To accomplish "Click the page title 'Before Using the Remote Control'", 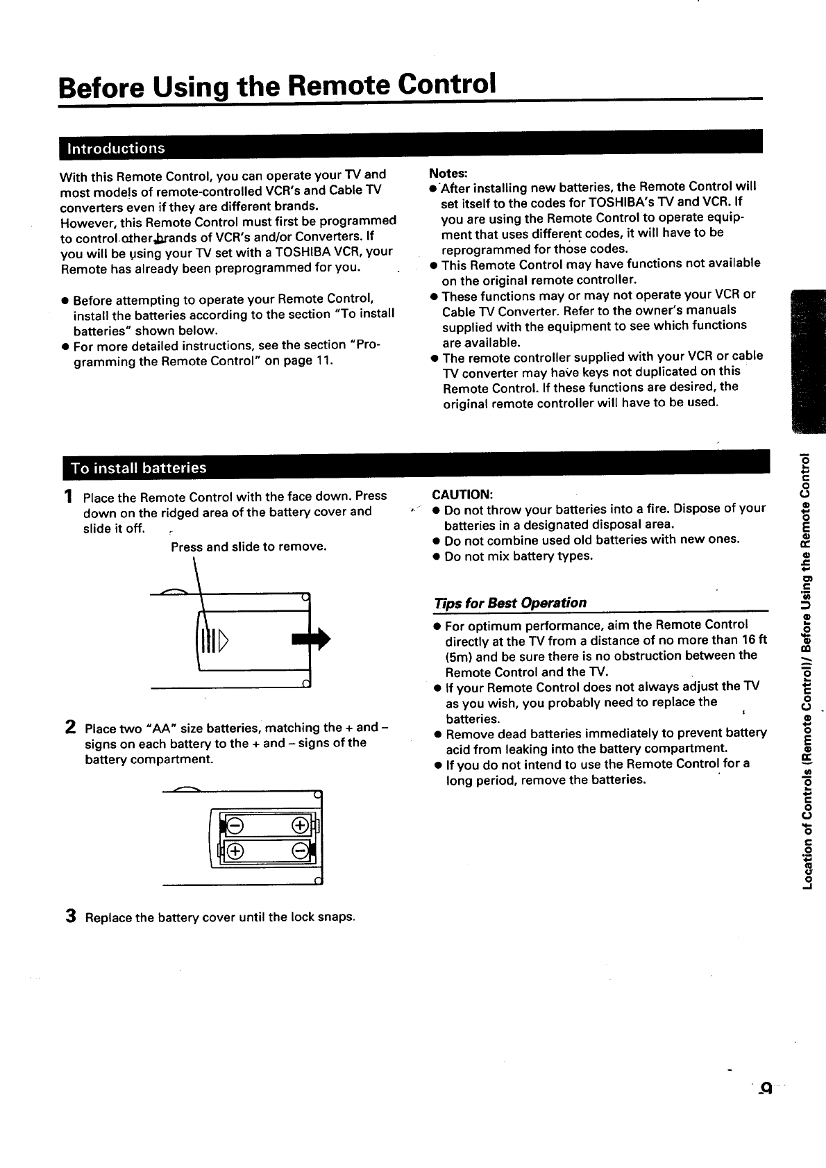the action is click(x=277, y=85).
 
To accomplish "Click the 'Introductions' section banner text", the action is click(x=116, y=148).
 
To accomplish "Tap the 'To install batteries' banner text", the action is click(x=139, y=468).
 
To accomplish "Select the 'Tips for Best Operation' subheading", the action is click(x=510, y=603).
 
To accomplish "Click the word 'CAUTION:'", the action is click(x=462, y=494).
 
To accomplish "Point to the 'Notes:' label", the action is click(x=448, y=173).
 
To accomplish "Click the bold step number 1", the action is click(x=68, y=496).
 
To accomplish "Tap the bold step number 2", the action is click(x=70, y=727).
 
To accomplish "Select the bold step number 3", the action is click(x=71, y=916).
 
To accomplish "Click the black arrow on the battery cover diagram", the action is click(x=311, y=639).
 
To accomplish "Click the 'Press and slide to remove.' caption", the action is click(x=248, y=547).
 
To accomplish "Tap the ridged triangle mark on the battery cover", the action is click(x=223, y=641).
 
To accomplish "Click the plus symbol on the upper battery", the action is click(x=300, y=826).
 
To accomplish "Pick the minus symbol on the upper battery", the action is click(x=235, y=826).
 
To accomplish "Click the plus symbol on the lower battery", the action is click(x=235, y=851).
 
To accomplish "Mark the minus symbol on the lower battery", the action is click(x=300, y=851).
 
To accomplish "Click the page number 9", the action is click(x=766, y=1088).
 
